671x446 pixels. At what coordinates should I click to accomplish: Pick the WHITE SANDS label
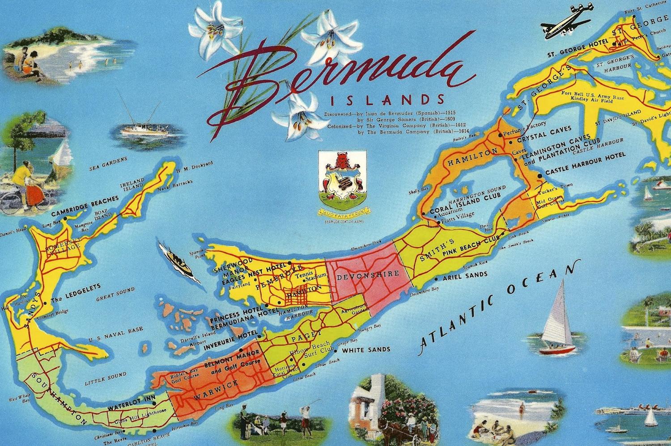click(x=366, y=350)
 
